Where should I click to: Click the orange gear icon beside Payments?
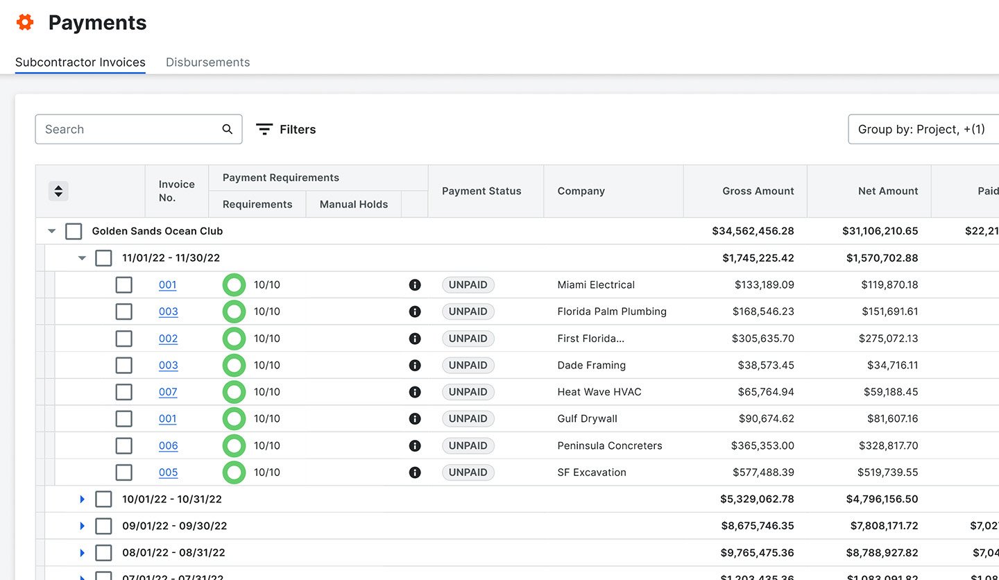[x=25, y=23]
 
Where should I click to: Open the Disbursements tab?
[x=207, y=62]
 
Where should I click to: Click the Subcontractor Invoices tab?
[x=80, y=62]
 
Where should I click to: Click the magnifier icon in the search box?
[x=227, y=129]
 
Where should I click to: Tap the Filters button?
[x=286, y=129]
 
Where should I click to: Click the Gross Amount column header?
[x=758, y=191]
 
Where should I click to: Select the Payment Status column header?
[x=481, y=191]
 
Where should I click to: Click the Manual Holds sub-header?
[x=354, y=204]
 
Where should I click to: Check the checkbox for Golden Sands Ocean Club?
[x=74, y=231]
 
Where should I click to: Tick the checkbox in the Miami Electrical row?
[x=123, y=284]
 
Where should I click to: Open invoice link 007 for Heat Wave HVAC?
[x=168, y=392]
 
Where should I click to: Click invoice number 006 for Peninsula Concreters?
[x=168, y=445]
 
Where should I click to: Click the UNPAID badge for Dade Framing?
[x=468, y=365]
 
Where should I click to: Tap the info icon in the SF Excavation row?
[x=415, y=472]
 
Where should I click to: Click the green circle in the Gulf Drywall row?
[x=234, y=419]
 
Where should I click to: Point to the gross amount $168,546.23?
[x=762, y=312]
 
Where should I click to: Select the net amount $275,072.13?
[x=888, y=339]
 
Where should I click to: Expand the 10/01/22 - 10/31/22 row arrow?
[x=82, y=499]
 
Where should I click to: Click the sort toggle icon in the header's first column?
[x=58, y=191]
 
